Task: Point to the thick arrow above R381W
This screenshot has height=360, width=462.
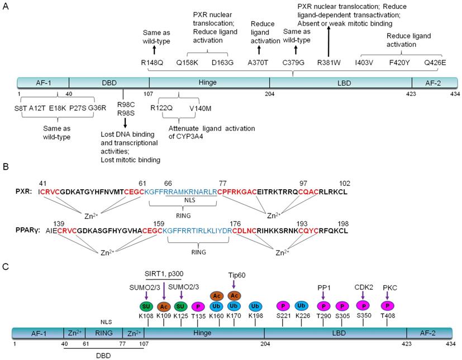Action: pos(328,40)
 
